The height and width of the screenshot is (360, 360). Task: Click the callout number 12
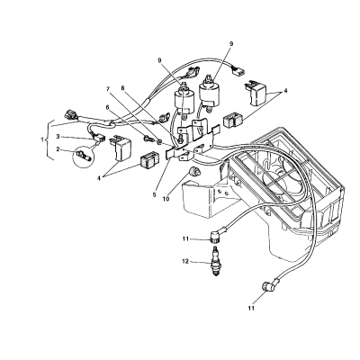pos(185,262)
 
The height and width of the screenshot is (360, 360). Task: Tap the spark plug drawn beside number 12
pos(215,261)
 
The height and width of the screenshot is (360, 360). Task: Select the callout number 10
pos(166,199)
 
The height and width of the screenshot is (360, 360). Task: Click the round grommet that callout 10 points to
pos(193,172)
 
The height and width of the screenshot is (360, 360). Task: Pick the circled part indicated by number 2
pos(83,156)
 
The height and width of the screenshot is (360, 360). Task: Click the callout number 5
pos(154,194)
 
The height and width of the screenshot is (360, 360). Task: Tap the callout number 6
pos(108,107)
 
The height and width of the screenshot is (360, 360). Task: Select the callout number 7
pos(108,89)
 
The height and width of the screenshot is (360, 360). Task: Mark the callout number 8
pos(122,89)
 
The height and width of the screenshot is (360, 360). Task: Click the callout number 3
pos(59,137)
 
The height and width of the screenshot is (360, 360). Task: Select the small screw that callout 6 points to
pos(149,139)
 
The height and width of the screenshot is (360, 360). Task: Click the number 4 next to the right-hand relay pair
pos(285,90)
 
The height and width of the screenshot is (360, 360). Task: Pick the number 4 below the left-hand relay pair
pos(98,178)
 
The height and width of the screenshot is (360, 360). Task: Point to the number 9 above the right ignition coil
pos(231,44)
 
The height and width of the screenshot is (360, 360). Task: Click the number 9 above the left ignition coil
pos(160,60)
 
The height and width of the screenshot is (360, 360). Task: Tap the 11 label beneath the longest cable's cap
pos(251,308)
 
